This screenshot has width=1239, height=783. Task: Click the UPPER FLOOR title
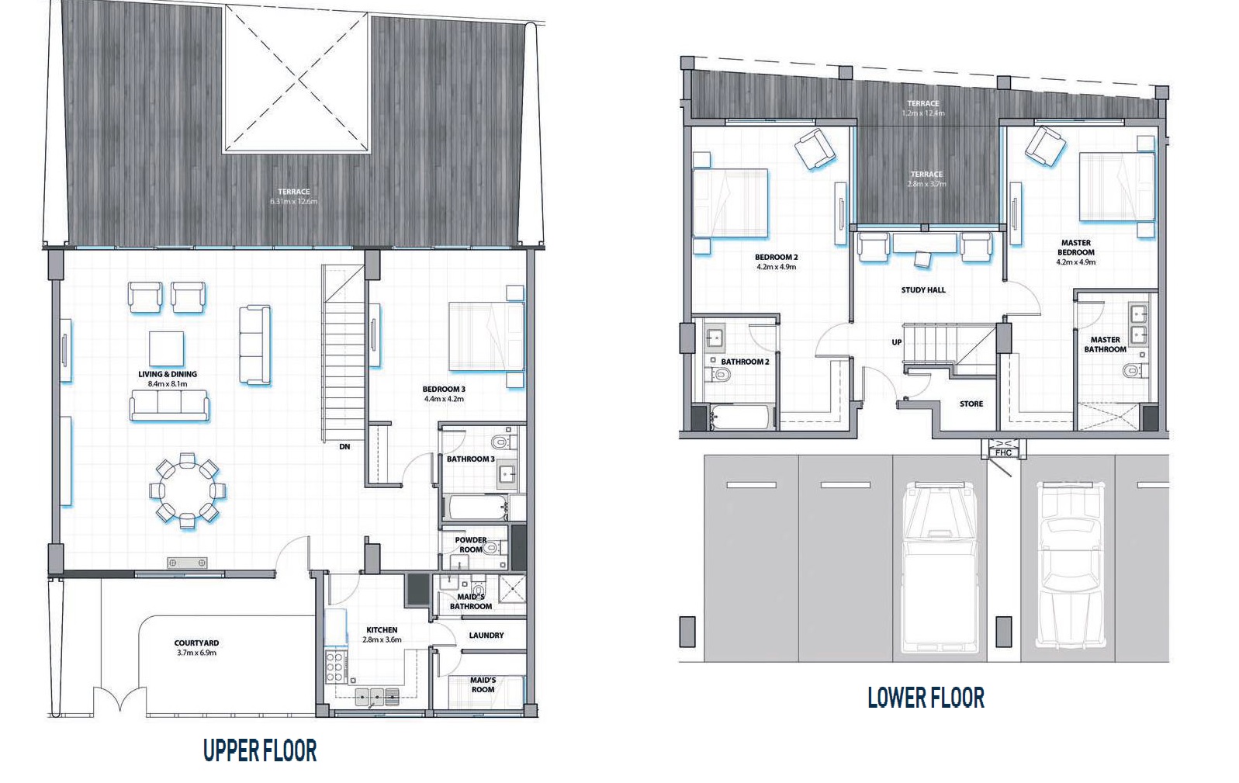pos(259,750)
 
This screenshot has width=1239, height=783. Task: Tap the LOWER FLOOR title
pos(925,697)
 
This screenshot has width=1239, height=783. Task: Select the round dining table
pos(187,490)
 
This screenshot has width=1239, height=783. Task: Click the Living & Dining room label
pos(168,374)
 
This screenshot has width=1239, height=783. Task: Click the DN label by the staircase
pos(344,447)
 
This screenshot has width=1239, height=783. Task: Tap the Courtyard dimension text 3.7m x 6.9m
pos(196,653)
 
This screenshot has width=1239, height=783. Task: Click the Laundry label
pos(486,636)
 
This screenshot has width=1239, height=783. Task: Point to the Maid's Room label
pos(483,684)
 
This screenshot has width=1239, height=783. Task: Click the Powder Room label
pos(470,545)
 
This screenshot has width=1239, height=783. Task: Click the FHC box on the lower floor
pos(1003,452)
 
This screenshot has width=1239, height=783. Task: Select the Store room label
pos(971,404)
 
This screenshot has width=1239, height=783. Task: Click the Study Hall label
pos(923,290)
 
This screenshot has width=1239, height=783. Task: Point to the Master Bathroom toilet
pos(1133,370)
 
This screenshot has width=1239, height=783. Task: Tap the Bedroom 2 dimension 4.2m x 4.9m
pos(776,267)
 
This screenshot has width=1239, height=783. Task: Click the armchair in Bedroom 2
pos(814,149)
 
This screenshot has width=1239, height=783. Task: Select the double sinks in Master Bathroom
pos(1138,324)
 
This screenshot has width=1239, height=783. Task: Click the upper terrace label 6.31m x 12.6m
pos(293,202)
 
